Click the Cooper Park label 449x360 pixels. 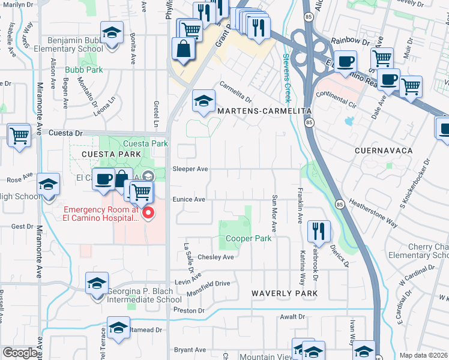pyautogui.click(x=249, y=238)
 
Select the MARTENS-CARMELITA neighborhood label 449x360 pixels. pyautogui.click(x=264, y=112)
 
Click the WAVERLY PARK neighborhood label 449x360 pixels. pyautogui.click(x=285, y=293)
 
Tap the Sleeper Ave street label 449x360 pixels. pyautogui.click(x=190, y=169)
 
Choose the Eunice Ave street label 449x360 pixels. pyautogui.click(x=189, y=199)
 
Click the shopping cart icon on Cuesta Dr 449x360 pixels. pyautogui.click(x=19, y=135)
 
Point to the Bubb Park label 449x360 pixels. pyautogui.click(x=84, y=70)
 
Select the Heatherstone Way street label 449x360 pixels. pyautogui.click(x=373, y=214)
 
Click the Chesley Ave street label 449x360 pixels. pyautogui.click(x=219, y=257)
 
